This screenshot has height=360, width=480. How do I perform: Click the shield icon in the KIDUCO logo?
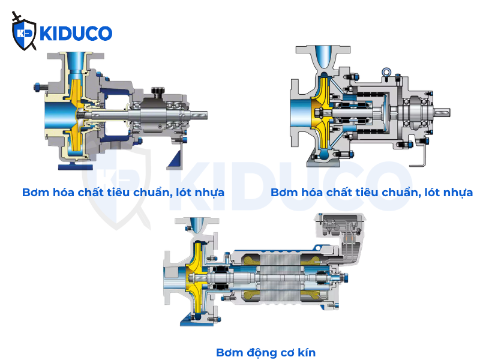click(x=24, y=34)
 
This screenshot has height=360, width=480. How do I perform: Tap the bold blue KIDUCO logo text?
click(x=76, y=34)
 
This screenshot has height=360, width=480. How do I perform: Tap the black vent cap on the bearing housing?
click(x=158, y=91)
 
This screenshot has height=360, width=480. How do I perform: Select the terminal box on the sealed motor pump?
click(x=340, y=227)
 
